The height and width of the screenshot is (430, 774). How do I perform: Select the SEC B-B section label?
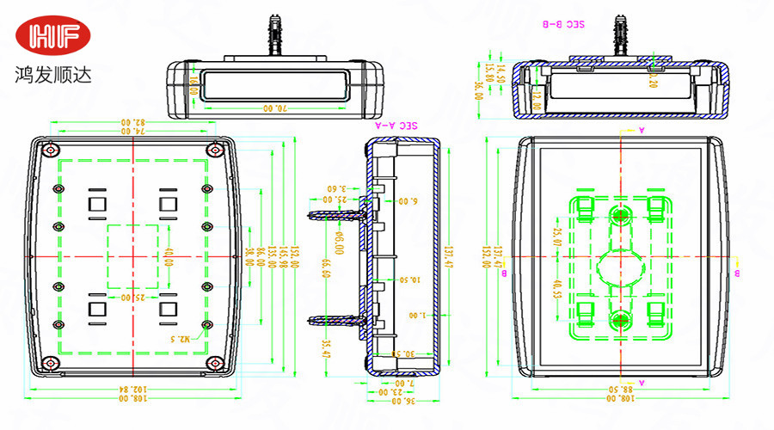[x=563, y=26]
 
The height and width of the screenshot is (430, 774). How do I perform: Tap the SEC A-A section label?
[x=397, y=125]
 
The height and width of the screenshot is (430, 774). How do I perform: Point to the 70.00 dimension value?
[x=273, y=108]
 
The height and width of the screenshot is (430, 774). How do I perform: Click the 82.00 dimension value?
[x=132, y=122]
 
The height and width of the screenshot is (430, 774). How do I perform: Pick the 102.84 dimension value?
[x=132, y=390]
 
